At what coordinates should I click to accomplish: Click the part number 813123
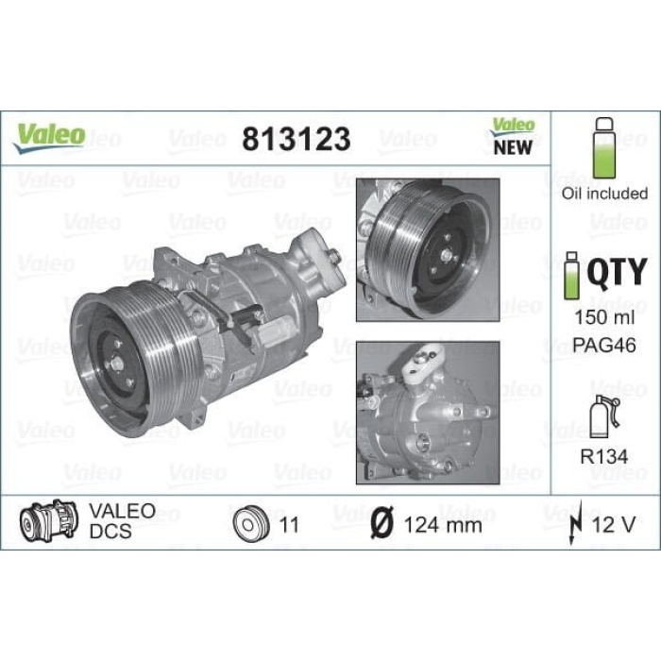pyautogui.click(x=297, y=139)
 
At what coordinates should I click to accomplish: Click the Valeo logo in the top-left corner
pyautogui.click(x=49, y=137)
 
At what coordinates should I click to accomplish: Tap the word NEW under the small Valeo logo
pyautogui.click(x=513, y=147)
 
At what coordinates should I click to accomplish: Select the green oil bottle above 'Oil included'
pyautogui.click(x=604, y=148)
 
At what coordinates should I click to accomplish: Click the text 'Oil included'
pyautogui.click(x=604, y=193)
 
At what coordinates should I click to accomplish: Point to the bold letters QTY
pyautogui.click(x=617, y=273)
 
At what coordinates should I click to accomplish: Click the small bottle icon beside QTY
pyautogui.click(x=571, y=276)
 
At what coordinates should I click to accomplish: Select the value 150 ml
pyautogui.click(x=604, y=317)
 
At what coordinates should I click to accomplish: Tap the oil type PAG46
pyautogui.click(x=604, y=346)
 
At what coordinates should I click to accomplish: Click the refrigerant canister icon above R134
pyautogui.click(x=604, y=416)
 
